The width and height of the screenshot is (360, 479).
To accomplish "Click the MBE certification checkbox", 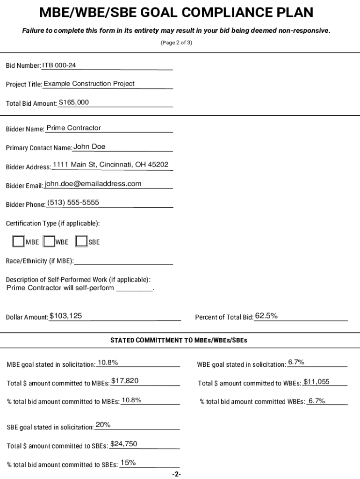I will (18, 241).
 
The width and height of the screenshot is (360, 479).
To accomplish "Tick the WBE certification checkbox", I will (49, 241).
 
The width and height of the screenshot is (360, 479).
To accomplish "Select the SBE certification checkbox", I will (81, 241).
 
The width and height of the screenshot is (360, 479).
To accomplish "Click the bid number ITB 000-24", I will (59, 65).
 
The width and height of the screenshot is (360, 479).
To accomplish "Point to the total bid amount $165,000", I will (73, 102).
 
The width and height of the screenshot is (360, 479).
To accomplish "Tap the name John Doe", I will (89, 147).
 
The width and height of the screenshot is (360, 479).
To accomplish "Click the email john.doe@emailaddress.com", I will (93, 184).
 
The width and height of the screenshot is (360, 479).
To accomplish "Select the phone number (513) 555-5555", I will (73, 203).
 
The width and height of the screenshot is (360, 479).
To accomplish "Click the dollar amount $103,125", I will (66, 316).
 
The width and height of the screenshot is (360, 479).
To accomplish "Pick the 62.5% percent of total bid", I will (266, 316).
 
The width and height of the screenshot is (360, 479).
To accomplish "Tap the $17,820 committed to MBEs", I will (125, 381).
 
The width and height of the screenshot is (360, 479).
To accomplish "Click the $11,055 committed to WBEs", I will (317, 382).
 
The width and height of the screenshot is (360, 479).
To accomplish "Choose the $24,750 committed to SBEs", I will (123, 444).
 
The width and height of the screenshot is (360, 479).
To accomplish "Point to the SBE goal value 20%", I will (103, 425).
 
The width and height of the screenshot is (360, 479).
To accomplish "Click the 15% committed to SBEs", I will (128, 463).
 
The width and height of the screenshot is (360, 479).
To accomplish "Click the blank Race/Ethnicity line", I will (123, 261).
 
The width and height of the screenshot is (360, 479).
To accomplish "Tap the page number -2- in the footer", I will (176, 474).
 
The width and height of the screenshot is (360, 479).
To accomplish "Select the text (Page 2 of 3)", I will (176, 43).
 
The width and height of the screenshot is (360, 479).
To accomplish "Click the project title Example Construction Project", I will (89, 84).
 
